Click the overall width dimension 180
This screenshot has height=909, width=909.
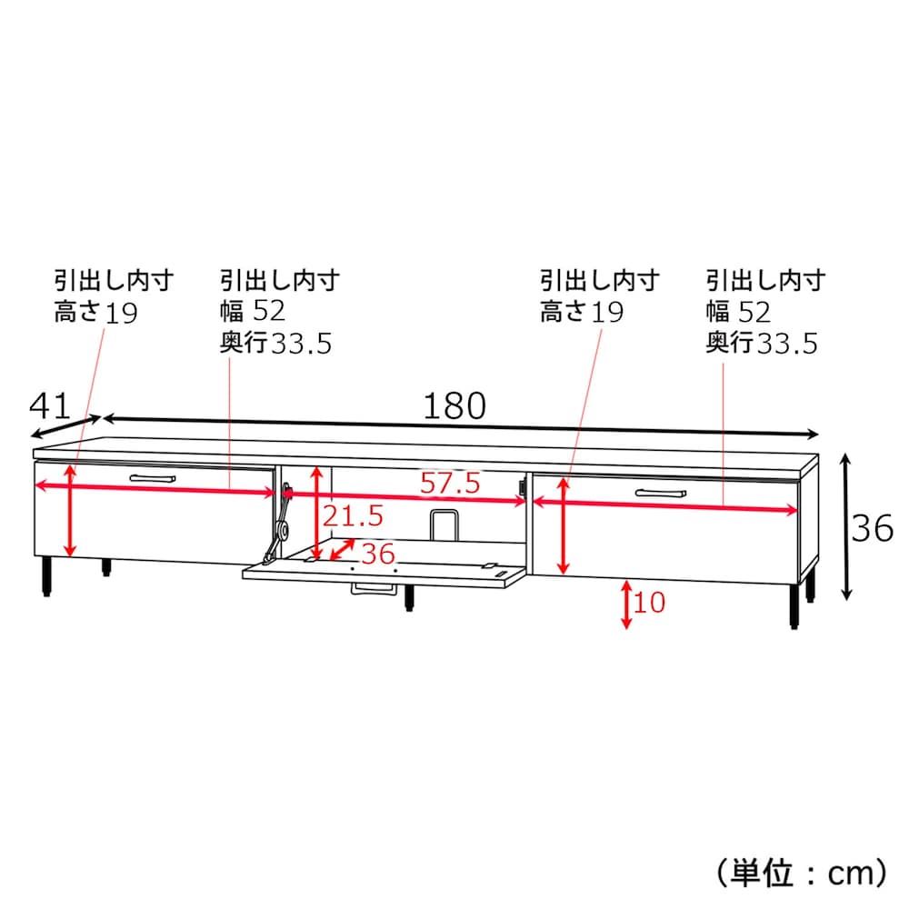pyautogui.click(x=454, y=405)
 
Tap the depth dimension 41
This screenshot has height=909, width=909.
pyautogui.click(x=49, y=405)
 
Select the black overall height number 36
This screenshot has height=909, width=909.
pyautogui.click(x=872, y=528)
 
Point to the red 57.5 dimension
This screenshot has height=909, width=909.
pyautogui.click(x=451, y=483)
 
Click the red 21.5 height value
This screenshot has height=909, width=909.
pyautogui.click(x=353, y=515)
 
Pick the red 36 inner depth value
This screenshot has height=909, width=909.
pyautogui.click(x=378, y=554)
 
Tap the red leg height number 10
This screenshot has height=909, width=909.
pyautogui.click(x=649, y=603)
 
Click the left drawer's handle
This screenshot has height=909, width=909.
pyautogui.click(x=153, y=478)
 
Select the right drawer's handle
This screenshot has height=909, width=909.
pyautogui.click(x=660, y=494)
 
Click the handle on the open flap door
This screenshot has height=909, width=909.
pyautogui.click(x=374, y=589)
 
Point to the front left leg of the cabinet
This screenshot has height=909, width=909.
pyautogui.click(x=46, y=577)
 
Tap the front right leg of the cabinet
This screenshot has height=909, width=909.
pyautogui.click(x=794, y=605)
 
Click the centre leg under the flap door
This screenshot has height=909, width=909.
pyautogui.click(x=409, y=598)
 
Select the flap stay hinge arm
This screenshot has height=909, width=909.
pyautogui.click(x=277, y=524)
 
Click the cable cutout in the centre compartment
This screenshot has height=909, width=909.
pyautogui.click(x=445, y=524)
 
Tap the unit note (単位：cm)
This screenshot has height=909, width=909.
pyautogui.click(x=802, y=873)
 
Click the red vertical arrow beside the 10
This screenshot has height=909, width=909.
pyautogui.click(x=626, y=604)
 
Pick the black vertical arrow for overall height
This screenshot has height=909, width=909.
pyautogui.click(x=846, y=526)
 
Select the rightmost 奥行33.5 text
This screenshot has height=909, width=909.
pyautogui.click(x=762, y=343)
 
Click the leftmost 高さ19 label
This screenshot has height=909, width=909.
pyautogui.click(x=95, y=312)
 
